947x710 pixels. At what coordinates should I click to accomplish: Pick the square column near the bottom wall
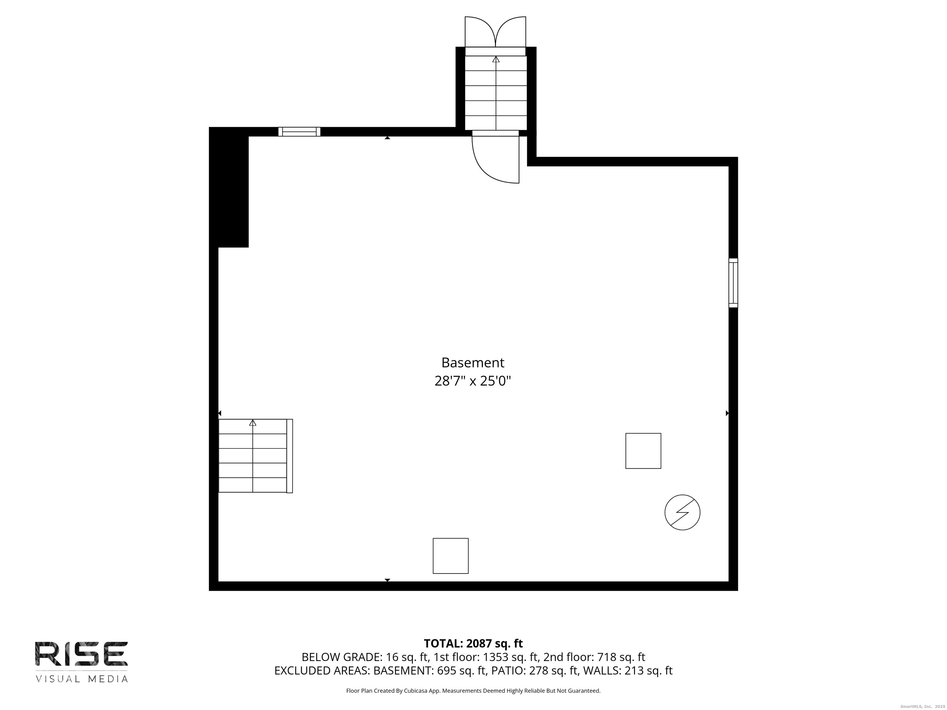450,556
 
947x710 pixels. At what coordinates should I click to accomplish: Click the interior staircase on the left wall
256,456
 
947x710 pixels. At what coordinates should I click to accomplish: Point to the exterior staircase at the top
496,92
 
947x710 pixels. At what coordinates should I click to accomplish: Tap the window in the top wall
299,132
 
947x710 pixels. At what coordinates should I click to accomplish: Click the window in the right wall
733,283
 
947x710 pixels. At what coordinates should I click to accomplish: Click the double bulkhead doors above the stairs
495,32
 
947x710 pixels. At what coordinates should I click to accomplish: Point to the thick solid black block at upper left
229,187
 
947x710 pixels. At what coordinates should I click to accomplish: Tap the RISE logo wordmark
81,654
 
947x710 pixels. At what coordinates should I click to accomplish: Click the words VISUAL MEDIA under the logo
81,679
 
